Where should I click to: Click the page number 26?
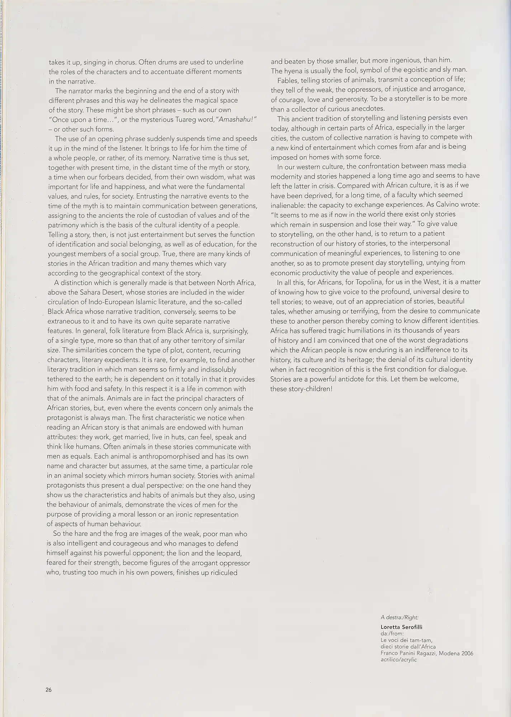[x=49, y=689]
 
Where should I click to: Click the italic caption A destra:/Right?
[x=399, y=617]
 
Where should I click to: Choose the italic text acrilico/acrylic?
[x=399, y=660]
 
